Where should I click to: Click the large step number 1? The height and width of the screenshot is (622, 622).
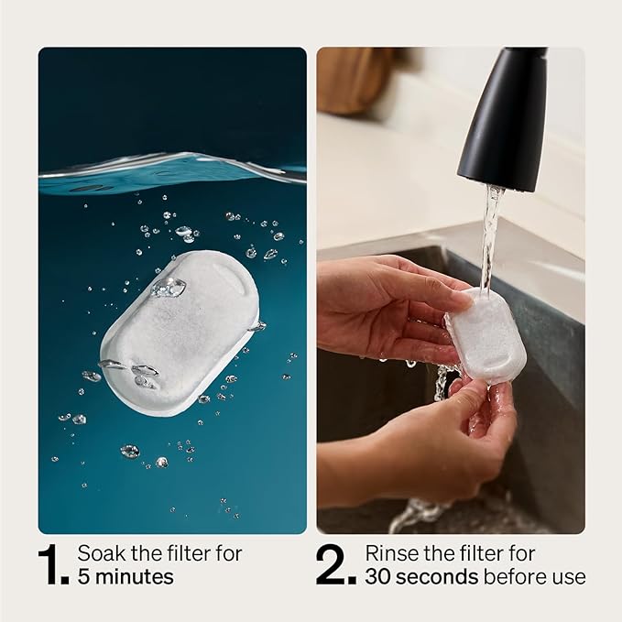tap(52, 565)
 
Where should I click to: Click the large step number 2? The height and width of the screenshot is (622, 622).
tap(335, 565)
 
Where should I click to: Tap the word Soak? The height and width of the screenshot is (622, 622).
tap(98, 553)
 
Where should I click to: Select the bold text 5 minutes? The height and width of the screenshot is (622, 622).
tap(125, 577)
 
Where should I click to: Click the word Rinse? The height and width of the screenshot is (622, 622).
tap(387, 553)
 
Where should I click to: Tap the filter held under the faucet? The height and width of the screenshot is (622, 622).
tap(485, 333)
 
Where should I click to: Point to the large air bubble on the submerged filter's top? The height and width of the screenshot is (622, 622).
tap(168, 289)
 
